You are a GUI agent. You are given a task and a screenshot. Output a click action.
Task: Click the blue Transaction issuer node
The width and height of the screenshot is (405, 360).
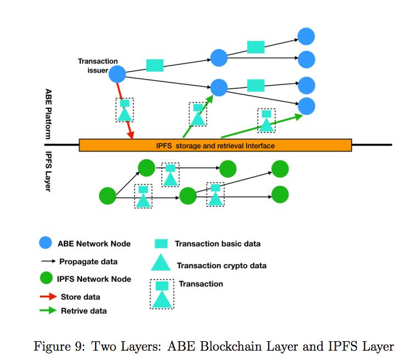pos(117,74)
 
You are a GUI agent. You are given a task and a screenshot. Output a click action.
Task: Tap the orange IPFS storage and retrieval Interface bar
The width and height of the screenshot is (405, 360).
pos(215,146)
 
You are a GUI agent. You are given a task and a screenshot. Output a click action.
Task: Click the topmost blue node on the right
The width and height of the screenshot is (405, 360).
pos(306,36)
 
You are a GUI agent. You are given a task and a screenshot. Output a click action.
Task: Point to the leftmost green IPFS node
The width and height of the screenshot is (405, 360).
pos(108,195)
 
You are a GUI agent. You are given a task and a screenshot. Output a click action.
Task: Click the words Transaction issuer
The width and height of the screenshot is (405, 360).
pos(97,66)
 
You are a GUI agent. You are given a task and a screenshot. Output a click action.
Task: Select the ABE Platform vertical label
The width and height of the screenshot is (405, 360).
pos(48,112)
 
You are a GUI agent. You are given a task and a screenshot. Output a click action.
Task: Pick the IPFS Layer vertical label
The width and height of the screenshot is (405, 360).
pos(48,170)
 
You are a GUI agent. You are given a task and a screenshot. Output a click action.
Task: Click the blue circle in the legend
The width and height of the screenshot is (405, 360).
pos(46,243)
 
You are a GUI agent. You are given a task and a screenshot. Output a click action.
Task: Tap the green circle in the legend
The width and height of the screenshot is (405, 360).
pos(46,279)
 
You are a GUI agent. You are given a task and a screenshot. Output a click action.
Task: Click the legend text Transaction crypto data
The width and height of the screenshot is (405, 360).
pos(221,265)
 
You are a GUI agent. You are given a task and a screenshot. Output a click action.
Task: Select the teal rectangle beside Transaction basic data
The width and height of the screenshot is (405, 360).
pos(161,243)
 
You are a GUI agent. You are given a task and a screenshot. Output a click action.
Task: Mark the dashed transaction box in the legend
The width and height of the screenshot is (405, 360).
pos(162,294)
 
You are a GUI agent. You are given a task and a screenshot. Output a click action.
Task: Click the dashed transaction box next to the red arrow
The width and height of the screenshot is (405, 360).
pos(125,110)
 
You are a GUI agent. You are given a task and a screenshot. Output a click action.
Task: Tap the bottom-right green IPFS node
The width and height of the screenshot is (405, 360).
pos(280,195)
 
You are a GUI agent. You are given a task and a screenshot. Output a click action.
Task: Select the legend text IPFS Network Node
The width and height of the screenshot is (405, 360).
pos(94,279)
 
